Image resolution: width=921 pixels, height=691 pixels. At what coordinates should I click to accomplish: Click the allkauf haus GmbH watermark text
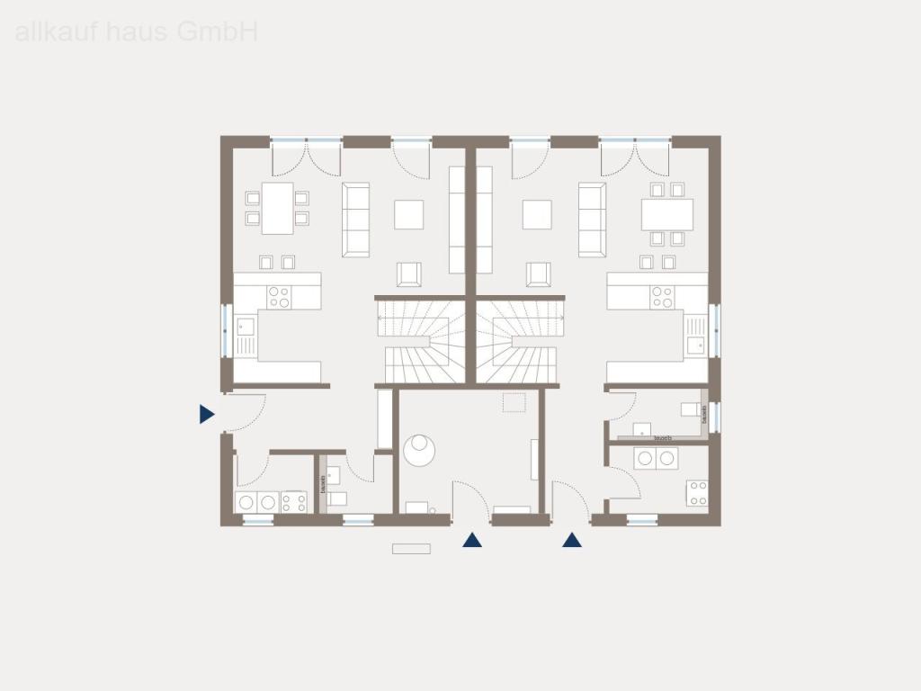coord(137,32)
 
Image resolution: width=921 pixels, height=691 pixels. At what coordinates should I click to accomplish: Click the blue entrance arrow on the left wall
coord(207,414)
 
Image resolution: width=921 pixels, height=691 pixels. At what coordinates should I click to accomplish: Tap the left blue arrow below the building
coord(471,540)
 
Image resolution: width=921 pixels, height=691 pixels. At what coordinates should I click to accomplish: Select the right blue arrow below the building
coord(572,540)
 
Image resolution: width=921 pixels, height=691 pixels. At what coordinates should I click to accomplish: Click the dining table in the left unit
coord(277,208)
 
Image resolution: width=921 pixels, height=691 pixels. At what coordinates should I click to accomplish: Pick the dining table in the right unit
coord(666,214)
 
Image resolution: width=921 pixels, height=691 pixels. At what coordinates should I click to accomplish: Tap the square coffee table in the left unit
coord(409,214)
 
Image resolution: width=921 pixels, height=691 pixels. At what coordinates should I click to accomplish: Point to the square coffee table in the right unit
coord(538,214)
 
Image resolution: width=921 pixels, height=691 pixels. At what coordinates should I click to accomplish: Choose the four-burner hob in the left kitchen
coord(279,297)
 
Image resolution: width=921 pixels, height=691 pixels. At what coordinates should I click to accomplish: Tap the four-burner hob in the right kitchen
coord(662,297)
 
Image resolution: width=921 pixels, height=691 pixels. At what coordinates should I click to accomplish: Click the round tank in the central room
coord(418,449)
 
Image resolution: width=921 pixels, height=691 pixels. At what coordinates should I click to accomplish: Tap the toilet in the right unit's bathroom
coord(691,410)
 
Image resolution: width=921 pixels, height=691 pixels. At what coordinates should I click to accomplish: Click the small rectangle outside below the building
coord(411,548)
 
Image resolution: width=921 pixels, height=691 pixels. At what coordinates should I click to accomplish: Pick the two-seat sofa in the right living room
coord(592,218)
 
